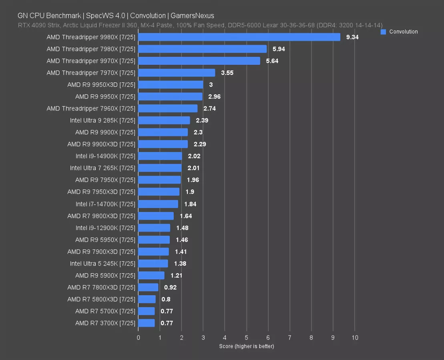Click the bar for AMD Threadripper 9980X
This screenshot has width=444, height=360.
tap(239, 37)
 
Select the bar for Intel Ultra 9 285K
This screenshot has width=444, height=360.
tap(164, 120)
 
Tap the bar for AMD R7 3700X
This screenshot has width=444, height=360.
tap(147, 323)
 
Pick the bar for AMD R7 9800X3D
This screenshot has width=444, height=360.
tap(156, 216)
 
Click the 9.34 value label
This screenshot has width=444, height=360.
tap(352, 37)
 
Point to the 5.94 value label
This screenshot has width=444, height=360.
tap(279, 49)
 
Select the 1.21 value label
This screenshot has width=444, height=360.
tap(177, 276)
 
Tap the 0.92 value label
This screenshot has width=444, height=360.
tap(170, 287)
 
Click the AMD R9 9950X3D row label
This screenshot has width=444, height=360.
tap(101, 85)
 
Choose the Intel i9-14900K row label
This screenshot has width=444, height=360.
tap(106, 156)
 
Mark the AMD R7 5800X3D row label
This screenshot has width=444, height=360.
tap(101, 299)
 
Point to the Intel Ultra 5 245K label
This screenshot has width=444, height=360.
tap(103, 264)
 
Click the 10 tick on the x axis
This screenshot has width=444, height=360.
tap(355, 338)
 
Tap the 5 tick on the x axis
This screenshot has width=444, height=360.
tap(247, 338)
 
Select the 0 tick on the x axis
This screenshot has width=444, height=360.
tap(139, 338)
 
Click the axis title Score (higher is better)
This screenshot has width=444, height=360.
tap(247, 346)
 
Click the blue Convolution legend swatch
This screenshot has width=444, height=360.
tap(383, 32)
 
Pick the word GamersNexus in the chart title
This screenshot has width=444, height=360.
tap(192, 16)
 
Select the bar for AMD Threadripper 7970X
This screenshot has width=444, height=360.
tap(177, 73)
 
